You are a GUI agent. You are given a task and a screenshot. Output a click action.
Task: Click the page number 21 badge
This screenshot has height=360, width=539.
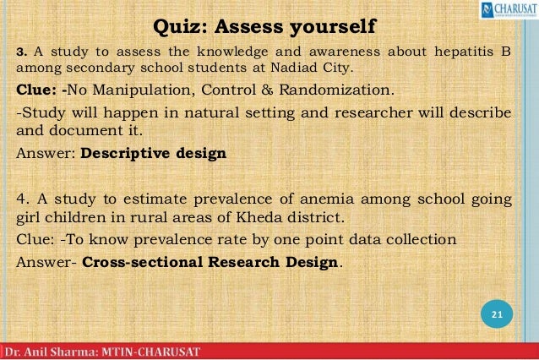(497, 315)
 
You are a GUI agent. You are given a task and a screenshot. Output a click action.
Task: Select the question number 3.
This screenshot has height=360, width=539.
(20, 52)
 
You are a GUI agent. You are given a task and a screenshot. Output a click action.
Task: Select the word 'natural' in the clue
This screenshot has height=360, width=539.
(195, 112)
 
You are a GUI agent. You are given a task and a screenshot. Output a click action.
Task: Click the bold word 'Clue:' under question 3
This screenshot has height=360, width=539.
(38, 90)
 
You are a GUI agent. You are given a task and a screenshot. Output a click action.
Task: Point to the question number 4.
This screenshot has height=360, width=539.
(21, 199)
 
